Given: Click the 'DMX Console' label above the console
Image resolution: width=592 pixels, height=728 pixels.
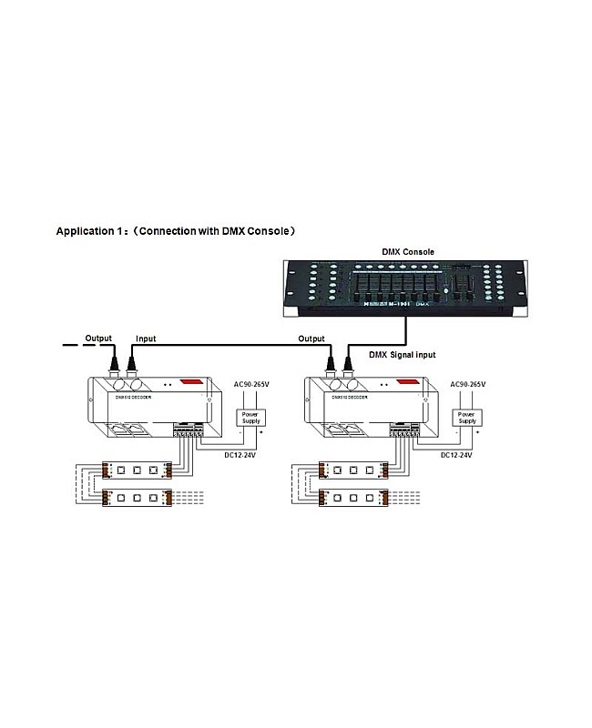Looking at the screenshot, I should (x=407, y=251).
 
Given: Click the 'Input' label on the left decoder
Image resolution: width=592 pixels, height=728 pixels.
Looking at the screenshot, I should (x=146, y=339).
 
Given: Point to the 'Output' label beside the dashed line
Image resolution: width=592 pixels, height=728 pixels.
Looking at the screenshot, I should (x=98, y=338).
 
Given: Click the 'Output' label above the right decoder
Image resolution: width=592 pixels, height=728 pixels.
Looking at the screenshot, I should (x=311, y=339).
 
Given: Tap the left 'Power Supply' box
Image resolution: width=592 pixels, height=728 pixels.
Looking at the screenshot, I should (x=250, y=417).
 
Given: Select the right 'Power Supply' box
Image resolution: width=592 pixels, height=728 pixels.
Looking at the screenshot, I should (x=467, y=417).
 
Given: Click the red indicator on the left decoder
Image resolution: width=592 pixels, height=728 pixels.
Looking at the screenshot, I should (x=193, y=382).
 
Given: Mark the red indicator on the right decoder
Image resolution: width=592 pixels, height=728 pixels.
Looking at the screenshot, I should (x=409, y=382).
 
